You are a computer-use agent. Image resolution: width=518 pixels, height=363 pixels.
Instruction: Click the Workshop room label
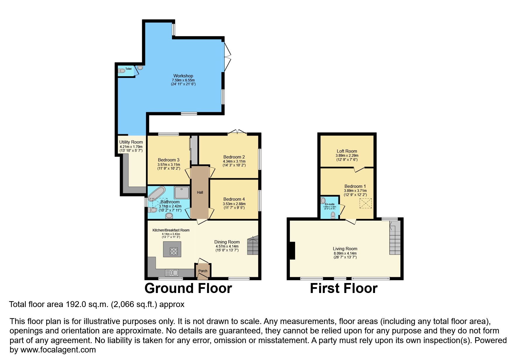(183, 76)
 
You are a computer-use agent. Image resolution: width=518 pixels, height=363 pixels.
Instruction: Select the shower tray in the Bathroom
(182, 192)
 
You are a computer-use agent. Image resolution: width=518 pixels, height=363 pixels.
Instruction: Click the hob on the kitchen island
(174, 251)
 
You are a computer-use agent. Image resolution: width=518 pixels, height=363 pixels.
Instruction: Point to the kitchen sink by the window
(172, 273)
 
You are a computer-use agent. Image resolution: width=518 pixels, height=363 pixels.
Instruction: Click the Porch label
(203, 271)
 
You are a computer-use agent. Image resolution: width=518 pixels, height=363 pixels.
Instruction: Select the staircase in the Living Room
(395, 238)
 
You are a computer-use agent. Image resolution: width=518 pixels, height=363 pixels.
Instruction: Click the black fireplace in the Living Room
(292, 251)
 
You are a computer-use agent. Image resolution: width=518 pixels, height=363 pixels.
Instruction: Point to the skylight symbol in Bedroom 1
(364, 203)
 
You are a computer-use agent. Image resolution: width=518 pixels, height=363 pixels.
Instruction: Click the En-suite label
(330, 204)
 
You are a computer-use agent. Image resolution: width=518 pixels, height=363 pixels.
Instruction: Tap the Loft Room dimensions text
(347, 158)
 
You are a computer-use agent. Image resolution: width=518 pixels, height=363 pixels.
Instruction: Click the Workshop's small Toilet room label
(128, 69)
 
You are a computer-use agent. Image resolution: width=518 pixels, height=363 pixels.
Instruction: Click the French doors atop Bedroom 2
(237, 132)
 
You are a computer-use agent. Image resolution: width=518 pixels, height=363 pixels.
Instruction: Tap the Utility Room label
(131, 142)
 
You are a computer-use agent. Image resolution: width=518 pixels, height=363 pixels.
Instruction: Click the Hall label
(200, 192)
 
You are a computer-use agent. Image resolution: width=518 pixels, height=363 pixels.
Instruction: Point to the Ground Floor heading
(188, 288)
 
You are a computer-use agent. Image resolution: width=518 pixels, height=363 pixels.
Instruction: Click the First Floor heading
(344, 288)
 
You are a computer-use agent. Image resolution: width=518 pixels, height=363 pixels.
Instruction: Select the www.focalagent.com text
(58, 350)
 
